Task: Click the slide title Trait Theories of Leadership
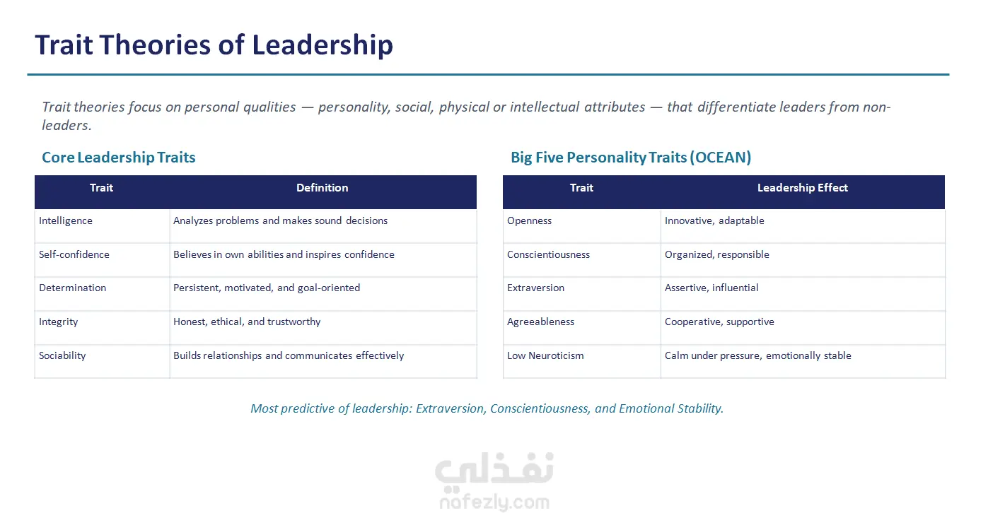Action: point(214,45)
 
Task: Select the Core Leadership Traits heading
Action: point(119,158)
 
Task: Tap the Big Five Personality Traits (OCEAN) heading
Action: point(631,158)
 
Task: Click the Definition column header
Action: point(322,188)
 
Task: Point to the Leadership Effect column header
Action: point(802,188)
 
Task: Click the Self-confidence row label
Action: point(74,254)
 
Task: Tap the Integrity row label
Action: point(58,322)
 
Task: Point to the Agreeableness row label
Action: point(541,322)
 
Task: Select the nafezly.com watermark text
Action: point(494,502)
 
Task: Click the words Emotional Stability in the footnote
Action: point(671,408)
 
